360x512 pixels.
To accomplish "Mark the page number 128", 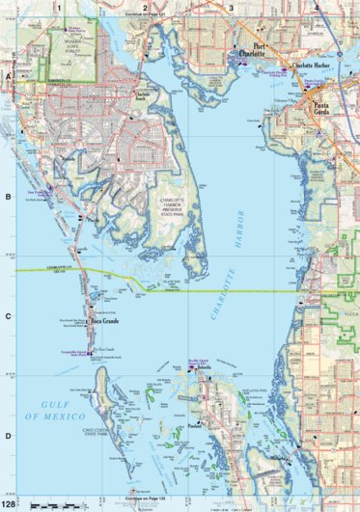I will [9, 504].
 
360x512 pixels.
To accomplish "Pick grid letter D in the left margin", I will [7, 436].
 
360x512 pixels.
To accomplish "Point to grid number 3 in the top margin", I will [232, 7].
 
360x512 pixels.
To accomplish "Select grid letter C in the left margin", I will [7, 316].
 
